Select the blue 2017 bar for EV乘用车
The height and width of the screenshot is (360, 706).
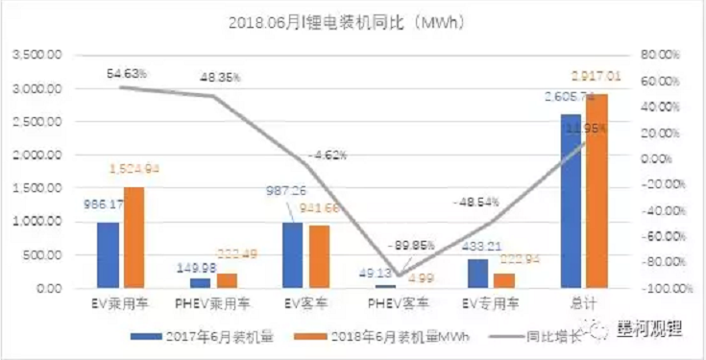108,254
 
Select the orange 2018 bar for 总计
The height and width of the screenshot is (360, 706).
596,191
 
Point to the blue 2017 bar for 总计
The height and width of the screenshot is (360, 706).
572,201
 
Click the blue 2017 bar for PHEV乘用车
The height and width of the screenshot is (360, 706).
201,282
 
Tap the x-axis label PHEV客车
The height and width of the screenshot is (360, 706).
398,304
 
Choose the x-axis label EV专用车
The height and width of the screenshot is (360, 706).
490,304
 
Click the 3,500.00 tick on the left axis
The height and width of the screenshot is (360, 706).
34,56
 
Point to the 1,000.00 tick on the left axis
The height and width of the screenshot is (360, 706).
34,222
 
